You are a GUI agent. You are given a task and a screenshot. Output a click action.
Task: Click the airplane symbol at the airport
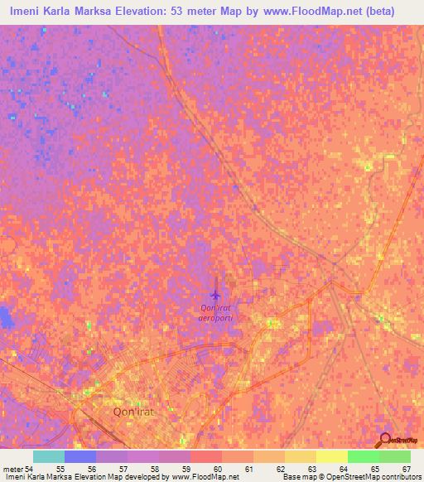click(x=216, y=294)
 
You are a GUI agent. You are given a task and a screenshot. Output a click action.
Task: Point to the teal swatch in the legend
click(x=49, y=456)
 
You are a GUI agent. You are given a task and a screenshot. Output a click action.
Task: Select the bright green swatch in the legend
click(x=363, y=456)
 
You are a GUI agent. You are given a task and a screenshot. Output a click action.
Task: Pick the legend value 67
click(x=405, y=469)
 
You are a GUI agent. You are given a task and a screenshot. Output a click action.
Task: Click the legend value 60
click(x=217, y=469)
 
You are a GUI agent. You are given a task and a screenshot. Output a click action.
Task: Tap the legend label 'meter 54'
click(x=17, y=469)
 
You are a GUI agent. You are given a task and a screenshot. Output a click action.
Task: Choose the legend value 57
click(x=123, y=469)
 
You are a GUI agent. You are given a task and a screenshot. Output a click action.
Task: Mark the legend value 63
click(x=311, y=469)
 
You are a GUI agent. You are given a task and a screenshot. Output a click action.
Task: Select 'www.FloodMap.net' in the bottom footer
click(x=201, y=477)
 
